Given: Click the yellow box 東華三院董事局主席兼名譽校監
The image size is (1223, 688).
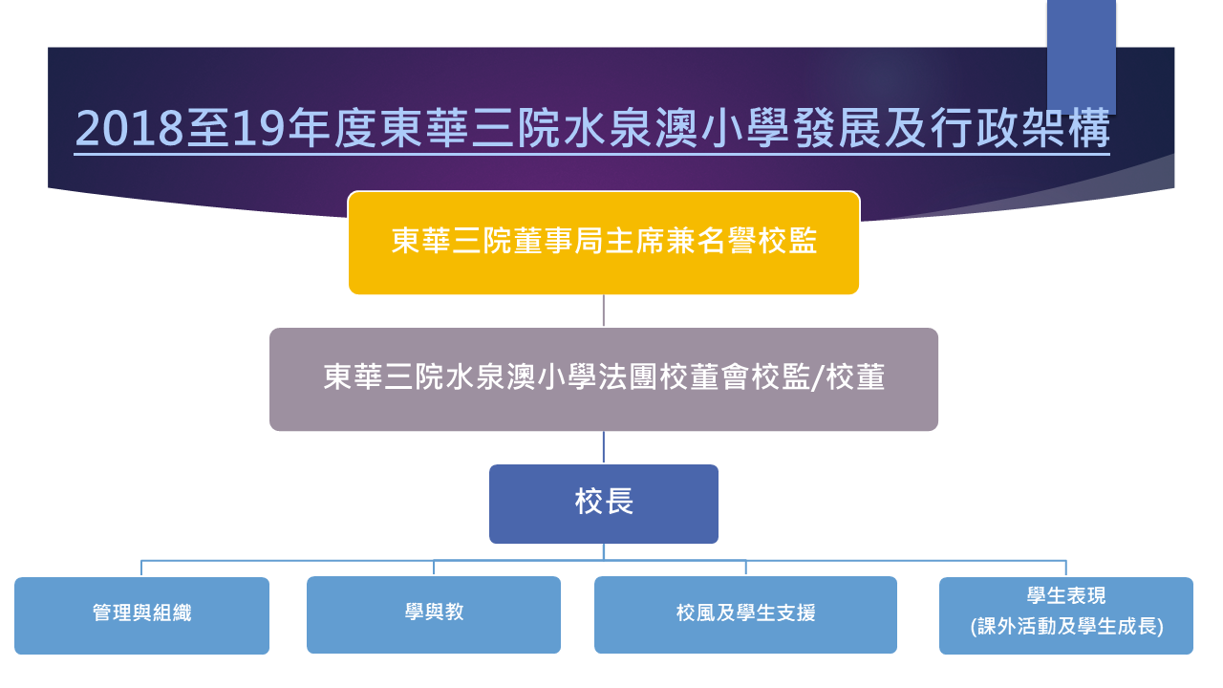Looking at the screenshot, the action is click(x=603, y=243).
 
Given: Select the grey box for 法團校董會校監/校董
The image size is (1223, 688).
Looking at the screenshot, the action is click(x=603, y=379).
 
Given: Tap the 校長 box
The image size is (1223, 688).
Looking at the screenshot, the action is click(x=603, y=504).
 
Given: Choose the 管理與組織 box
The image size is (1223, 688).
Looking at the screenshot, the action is click(x=141, y=615).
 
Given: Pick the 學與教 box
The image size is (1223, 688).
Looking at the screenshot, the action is click(x=434, y=614).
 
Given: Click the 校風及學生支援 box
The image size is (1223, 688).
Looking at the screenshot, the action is click(x=745, y=614).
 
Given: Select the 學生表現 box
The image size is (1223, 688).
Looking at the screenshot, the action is click(x=1065, y=615).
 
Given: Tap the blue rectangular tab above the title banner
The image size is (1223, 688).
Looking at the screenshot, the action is click(x=1081, y=56).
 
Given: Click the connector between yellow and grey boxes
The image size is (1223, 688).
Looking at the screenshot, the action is click(x=603, y=311).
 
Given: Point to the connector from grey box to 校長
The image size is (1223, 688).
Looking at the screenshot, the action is click(x=603, y=447).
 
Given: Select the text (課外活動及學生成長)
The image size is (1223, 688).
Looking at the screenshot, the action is click(x=1066, y=626).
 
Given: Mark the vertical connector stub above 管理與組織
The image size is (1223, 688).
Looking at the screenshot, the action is click(x=141, y=568).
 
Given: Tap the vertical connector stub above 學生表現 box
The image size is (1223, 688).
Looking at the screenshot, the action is click(x=1065, y=568).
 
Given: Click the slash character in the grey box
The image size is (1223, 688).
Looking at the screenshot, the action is click(x=817, y=377).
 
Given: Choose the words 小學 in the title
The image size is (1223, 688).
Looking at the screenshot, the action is click(x=745, y=128).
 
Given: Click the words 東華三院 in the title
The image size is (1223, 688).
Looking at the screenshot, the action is click(x=469, y=128).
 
